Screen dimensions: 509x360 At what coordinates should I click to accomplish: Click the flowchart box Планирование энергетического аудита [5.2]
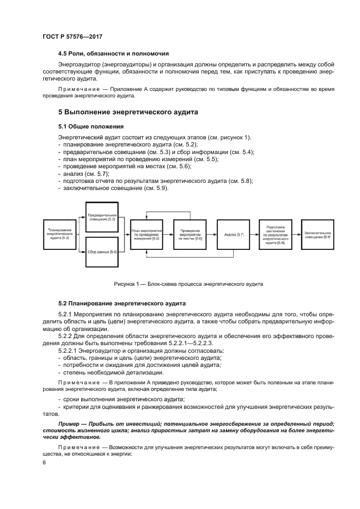60,235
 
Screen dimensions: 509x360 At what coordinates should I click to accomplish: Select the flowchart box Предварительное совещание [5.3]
102,217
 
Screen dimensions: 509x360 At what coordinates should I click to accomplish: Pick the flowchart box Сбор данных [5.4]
102,252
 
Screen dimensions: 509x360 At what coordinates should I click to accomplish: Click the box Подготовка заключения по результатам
275,235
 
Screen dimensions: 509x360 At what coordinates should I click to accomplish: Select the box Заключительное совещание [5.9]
318,235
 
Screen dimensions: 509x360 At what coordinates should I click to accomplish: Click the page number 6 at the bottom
45,462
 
